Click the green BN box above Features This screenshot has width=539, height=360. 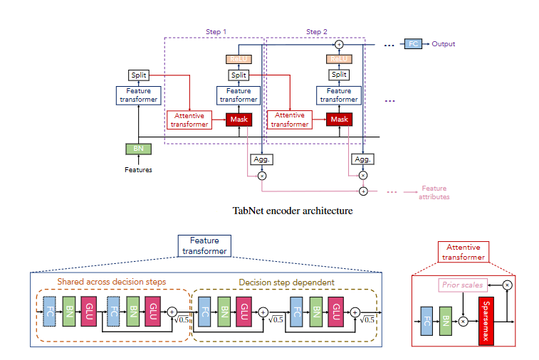coord(138,149)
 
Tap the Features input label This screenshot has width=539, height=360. coord(138,170)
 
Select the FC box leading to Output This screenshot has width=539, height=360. coord(413,44)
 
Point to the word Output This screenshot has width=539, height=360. coord(442,44)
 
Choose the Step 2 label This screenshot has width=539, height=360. coord(317,31)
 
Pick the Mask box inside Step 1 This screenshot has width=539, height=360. coord(239,120)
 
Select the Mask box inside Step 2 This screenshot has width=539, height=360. coord(339,120)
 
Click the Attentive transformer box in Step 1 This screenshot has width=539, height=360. coord(189,120)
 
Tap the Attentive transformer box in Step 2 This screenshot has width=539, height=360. coord(290,120)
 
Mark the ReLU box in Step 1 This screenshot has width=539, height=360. coord(238,60)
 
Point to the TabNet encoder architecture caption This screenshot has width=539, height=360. coord(292,211)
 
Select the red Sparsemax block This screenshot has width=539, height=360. coord(486,322)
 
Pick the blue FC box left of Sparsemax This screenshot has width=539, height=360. coord(427,321)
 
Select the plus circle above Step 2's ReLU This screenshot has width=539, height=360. coord(339,45)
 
